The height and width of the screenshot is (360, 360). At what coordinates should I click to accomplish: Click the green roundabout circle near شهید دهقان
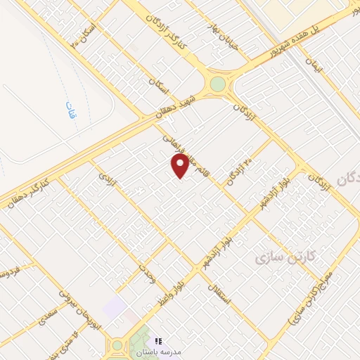click(218, 84)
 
